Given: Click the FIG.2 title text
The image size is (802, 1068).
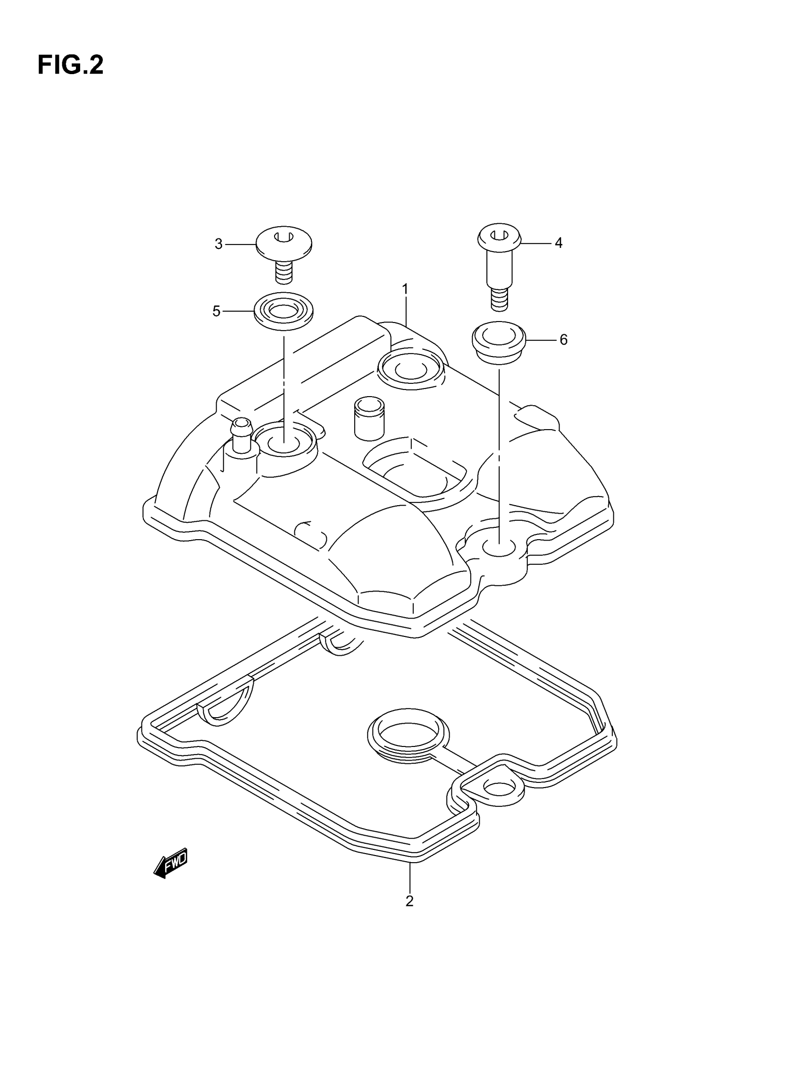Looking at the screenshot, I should click(x=70, y=65).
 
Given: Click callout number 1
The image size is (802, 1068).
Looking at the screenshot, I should click(x=405, y=289).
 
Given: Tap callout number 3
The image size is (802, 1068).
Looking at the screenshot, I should click(x=218, y=244).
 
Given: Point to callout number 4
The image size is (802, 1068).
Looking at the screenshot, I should click(x=558, y=243).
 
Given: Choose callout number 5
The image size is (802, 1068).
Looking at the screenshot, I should click(x=217, y=312).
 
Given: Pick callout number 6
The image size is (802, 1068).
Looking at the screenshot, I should click(x=563, y=340).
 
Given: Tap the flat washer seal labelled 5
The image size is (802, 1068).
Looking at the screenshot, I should click(x=284, y=311).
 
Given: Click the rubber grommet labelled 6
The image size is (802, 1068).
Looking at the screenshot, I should click(x=499, y=342).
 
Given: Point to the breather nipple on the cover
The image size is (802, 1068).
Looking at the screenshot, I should click(x=241, y=436).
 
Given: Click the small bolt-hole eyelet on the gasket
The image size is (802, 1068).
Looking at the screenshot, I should click(x=499, y=788).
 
